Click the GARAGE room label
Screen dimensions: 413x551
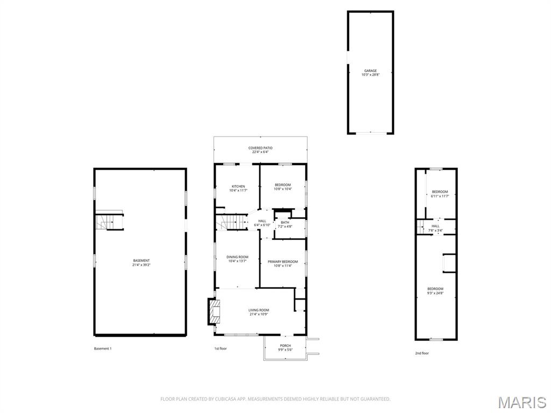click(x=370, y=70)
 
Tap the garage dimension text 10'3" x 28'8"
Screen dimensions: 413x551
click(x=370, y=75)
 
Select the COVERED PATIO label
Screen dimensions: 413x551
click(x=260, y=148)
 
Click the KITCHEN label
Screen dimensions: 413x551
click(x=238, y=187)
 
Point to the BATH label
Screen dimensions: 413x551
click(x=285, y=222)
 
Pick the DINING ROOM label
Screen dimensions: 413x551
click(x=237, y=257)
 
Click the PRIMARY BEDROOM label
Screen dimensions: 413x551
click(x=282, y=261)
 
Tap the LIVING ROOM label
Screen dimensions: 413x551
click(x=259, y=310)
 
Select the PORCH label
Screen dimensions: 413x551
click(x=285, y=345)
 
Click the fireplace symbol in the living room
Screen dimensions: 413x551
click(x=215, y=311)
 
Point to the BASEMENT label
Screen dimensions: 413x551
click(x=142, y=261)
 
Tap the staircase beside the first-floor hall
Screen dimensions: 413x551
click(x=231, y=222)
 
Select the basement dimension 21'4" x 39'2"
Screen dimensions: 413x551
click(x=142, y=265)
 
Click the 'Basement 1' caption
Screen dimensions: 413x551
click(x=103, y=348)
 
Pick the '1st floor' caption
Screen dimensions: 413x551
click(x=221, y=348)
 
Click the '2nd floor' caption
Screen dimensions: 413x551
click(x=422, y=353)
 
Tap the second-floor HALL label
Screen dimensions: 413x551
click(x=435, y=226)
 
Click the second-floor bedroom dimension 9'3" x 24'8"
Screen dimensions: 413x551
click(x=435, y=294)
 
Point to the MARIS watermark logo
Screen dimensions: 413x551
click(x=522, y=402)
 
